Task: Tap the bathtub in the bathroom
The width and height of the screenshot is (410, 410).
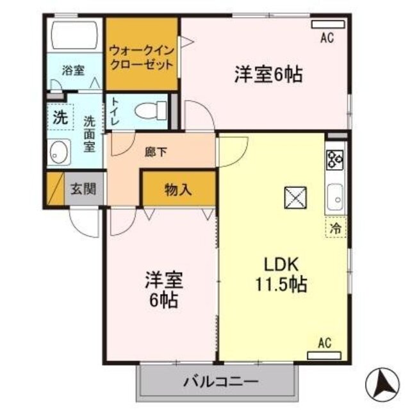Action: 73,35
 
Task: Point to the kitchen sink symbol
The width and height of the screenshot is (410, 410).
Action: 336,198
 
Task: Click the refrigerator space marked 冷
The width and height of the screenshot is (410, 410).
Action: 335,227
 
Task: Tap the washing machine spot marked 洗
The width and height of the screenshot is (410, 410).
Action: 59,119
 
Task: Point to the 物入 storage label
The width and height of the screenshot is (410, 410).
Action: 179,190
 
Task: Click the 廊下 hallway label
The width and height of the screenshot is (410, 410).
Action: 156,152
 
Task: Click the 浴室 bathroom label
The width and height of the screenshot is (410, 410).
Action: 73,70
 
